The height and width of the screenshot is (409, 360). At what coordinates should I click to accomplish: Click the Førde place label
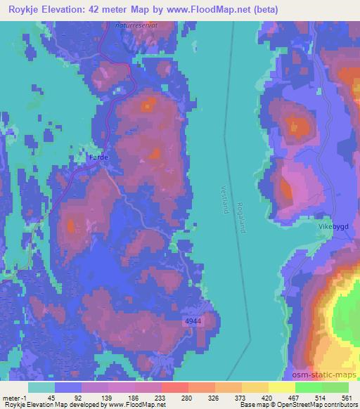click(x=98, y=157)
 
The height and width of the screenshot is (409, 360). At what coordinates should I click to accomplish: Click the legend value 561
click(x=347, y=398)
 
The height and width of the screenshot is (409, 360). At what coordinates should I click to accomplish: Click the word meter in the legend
click(x=10, y=398)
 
